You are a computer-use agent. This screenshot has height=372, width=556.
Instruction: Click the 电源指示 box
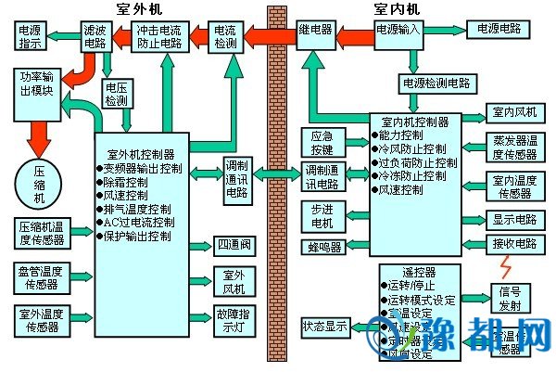point(29,36)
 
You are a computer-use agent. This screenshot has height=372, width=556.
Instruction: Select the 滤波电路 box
point(95,36)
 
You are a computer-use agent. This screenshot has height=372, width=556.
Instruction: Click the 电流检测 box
point(225,36)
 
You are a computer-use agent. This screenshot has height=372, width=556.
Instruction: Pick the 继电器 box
point(315,30)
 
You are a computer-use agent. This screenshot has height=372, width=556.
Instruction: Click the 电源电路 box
point(499,30)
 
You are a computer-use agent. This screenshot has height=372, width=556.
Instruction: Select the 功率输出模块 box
point(38,85)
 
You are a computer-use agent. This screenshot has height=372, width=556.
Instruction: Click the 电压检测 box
point(116,93)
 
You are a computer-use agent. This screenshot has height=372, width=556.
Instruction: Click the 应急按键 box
point(322,141)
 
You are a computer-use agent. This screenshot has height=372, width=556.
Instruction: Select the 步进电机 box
point(322,215)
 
